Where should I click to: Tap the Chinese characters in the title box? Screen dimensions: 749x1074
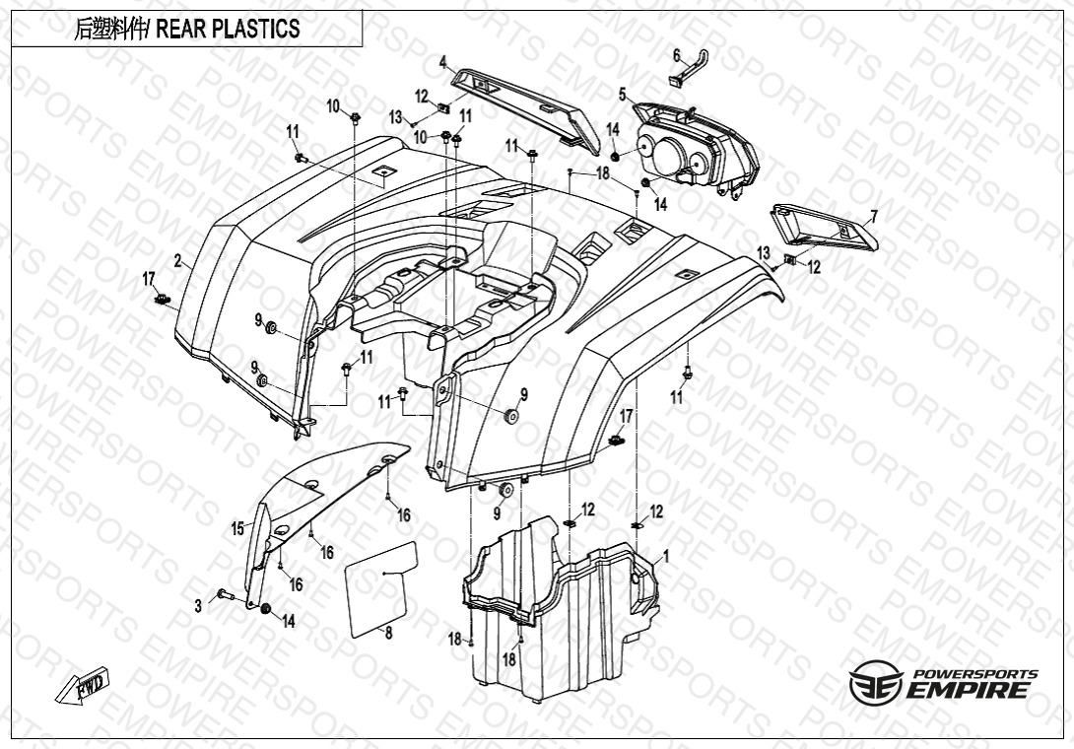[x=110, y=29]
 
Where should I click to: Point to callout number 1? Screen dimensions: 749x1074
[x=666, y=557]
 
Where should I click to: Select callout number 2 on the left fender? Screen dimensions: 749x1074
[x=177, y=261]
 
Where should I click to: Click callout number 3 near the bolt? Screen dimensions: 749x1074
[x=198, y=605]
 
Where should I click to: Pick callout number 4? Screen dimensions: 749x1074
[x=443, y=63]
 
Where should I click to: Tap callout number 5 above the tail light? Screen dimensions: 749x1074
[x=623, y=95]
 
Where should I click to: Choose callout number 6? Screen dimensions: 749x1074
[x=677, y=54]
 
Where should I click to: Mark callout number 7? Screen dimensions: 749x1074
[x=873, y=216]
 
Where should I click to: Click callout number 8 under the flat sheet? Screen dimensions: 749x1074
[x=388, y=633]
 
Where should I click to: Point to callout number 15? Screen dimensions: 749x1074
[x=237, y=529]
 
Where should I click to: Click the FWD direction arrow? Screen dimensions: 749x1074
[x=83, y=686]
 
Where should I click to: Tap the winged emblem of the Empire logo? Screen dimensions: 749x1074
[x=876, y=681]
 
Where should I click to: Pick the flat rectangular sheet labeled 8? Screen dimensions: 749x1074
[x=382, y=585]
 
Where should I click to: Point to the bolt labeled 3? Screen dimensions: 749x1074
[x=222, y=594]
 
